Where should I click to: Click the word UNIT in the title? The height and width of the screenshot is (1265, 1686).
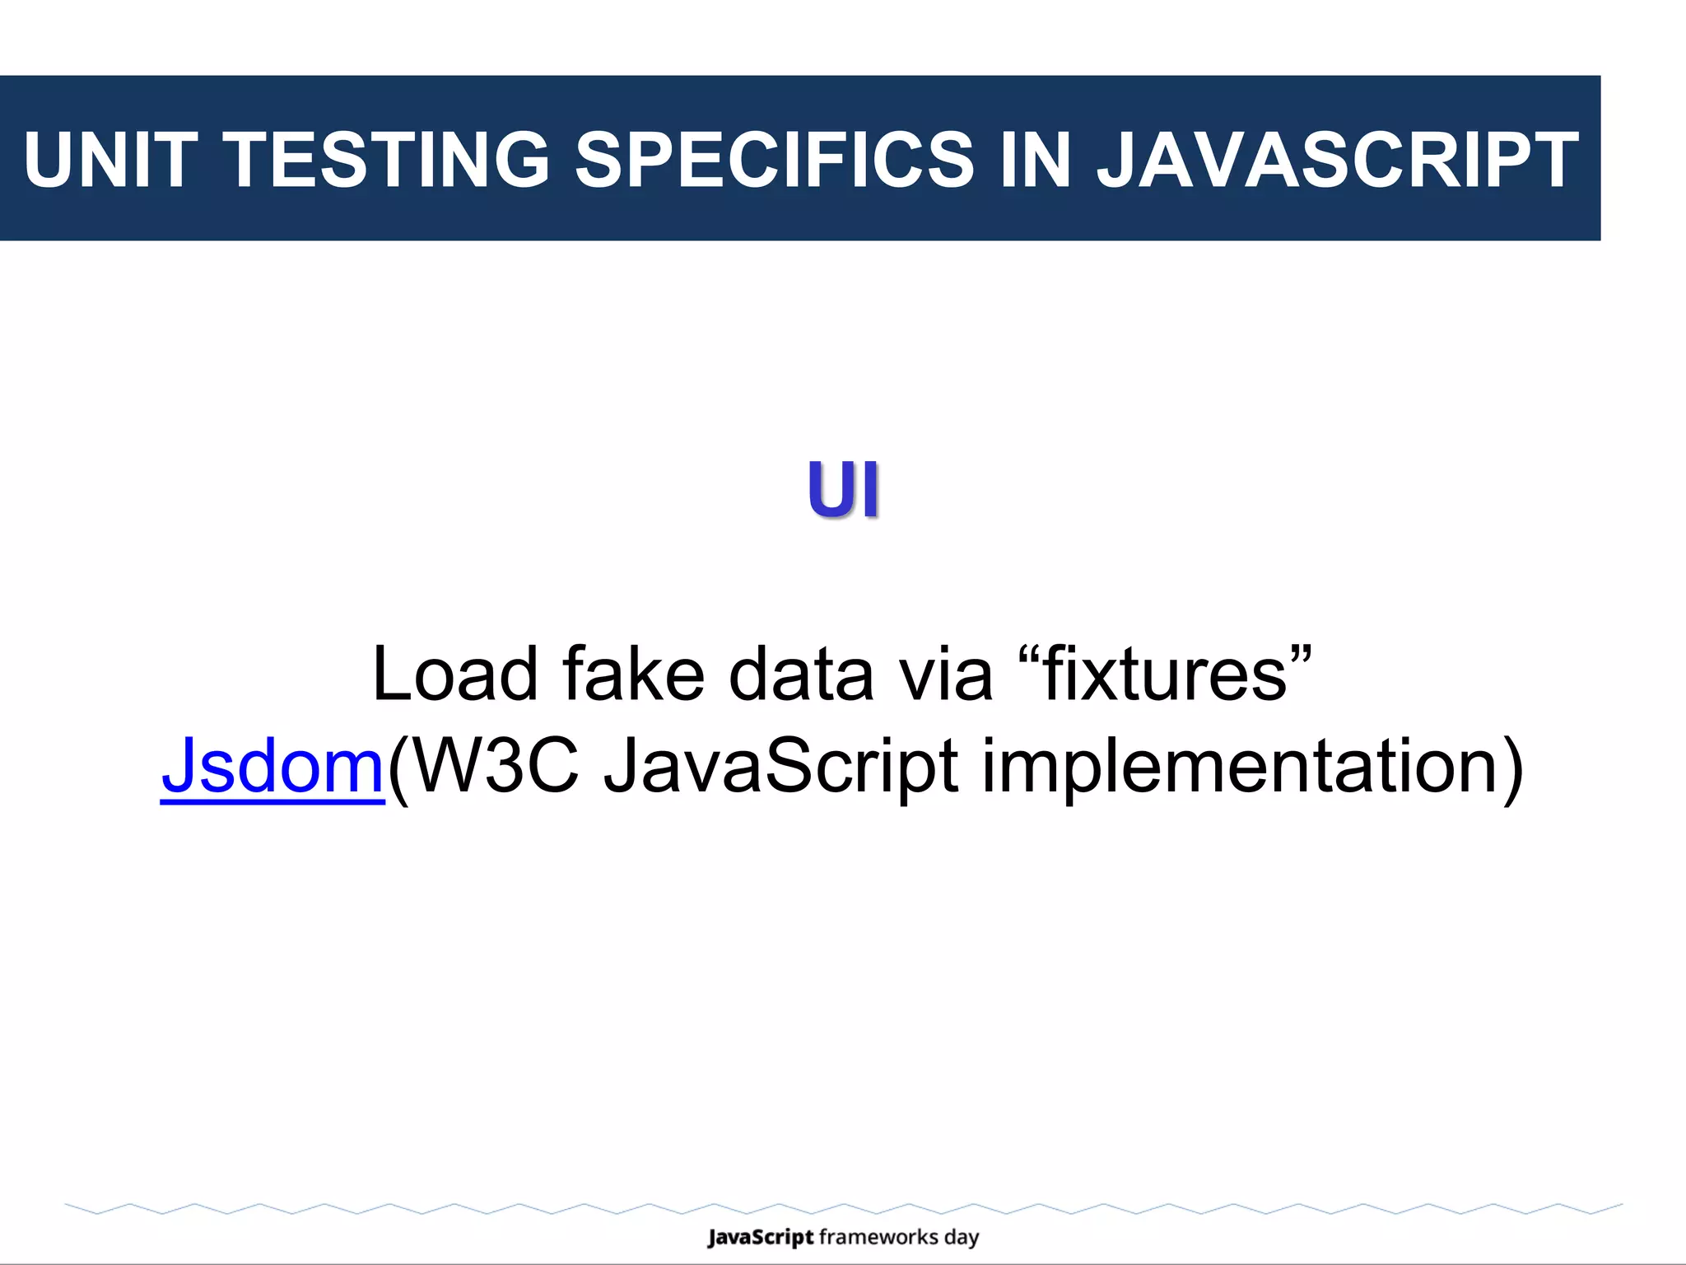tap(110, 160)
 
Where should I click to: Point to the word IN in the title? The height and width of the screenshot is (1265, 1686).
tap(1035, 160)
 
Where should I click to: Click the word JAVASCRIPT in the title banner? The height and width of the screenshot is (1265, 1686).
tap(1338, 160)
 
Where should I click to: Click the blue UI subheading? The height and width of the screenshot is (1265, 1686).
tap(843, 490)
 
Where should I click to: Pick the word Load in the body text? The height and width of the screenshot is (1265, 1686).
tap(455, 675)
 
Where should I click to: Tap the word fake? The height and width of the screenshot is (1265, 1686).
tap(634, 675)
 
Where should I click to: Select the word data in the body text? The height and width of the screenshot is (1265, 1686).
tap(801, 675)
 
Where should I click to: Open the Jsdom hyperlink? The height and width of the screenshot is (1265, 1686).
tap(272, 766)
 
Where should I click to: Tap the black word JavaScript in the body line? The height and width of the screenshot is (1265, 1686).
tap(781, 766)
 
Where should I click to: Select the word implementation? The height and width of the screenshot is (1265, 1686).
tap(1239, 766)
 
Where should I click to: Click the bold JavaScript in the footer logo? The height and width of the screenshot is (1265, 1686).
tap(761, 1238)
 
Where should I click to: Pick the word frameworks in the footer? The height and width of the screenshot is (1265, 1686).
tap(878, 1238)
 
